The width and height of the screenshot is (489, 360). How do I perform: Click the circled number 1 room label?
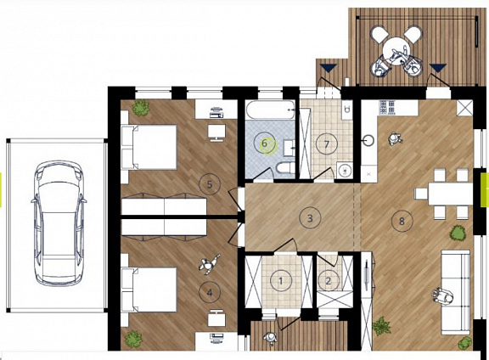tap(281, 281)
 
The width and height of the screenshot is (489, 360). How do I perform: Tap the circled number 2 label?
tap(328, 281)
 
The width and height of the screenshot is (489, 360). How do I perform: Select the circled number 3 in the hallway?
tap(310, 218)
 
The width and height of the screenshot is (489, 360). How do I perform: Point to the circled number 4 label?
tap(210, 293)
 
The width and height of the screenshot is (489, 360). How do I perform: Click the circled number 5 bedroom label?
tap(210, 184)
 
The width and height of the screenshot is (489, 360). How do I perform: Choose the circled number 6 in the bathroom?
tap(264, 143)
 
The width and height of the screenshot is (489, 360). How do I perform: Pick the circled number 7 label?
tap(327, 144)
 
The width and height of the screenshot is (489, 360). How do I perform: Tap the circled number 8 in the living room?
tap(402, 221)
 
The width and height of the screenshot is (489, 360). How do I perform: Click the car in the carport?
tap(59, 222)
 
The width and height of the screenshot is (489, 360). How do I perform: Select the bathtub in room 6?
tap(270, 110)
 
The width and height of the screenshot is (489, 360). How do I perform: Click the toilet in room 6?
tap(285, 168)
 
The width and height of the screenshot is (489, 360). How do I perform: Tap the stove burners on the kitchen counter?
tap(387, 107)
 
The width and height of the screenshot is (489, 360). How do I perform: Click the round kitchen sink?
tap(369, 141)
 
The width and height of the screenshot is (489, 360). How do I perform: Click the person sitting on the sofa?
tap(443, 295)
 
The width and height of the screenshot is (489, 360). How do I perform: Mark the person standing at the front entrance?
tap(270, 338)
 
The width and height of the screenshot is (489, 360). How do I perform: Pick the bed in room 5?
tap(149, 147)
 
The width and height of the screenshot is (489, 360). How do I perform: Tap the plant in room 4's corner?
tap(134, 339)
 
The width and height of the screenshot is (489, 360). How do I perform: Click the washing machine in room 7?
tap(345, 170)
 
